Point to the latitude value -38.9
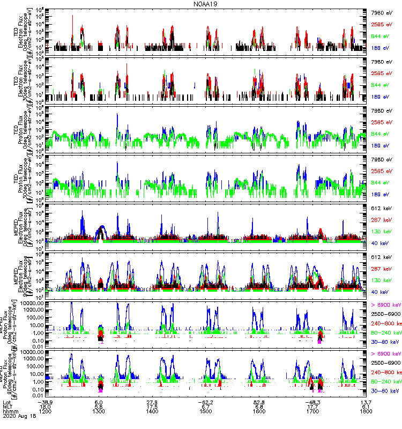tap(45, 402)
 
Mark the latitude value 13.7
tap(366, 402)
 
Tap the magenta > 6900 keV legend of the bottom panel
tap(385, 355)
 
